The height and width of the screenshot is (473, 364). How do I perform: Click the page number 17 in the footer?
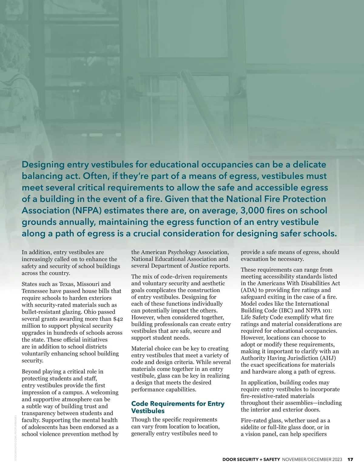click(x=350, y=460)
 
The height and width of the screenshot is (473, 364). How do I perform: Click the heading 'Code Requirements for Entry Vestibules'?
click(x=178, y=407)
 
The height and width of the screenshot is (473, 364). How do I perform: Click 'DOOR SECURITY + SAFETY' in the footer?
click(x=251, y=460)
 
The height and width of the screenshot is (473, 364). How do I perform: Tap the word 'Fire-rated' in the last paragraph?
click(x=254, y=420)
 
